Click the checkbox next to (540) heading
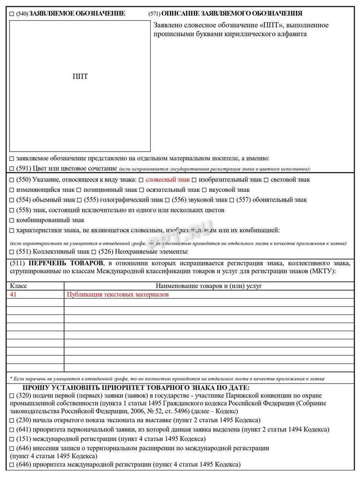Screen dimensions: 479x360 pos(12,14)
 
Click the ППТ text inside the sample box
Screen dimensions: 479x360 pos(80,76)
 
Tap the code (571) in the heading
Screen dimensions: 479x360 pos(155,14)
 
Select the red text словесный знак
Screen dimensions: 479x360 pos(168,180)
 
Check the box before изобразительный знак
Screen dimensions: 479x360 pos(194,180)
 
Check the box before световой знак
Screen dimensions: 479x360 pos(266,180)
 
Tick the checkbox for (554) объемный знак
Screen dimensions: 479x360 pos(12,200)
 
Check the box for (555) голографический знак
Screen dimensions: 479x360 pos(80,200)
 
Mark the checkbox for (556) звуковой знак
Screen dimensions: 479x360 pos(167,200)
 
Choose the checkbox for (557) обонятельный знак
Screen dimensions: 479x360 pos(232,200)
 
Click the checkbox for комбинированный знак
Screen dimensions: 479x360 pos(12,221)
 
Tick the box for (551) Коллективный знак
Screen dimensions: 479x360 pos(12,252)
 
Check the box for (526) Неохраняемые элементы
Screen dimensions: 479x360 pos(94,252)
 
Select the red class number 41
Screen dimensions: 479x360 pos(14,295)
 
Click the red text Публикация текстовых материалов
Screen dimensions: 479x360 pos(118,295)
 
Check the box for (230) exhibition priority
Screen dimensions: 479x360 pos(12,420)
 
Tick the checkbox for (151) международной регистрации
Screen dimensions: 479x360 pos(12,439)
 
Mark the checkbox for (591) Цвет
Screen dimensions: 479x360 pos(12,168)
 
